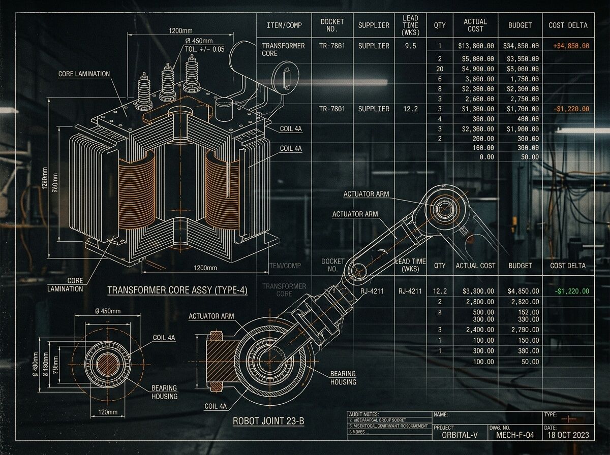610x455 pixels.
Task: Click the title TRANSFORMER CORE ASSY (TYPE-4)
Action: click(x=177, y=290)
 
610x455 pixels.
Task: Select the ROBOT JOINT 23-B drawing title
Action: click(x=268, y=421)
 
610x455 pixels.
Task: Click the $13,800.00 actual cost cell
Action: click(x=476, y=46)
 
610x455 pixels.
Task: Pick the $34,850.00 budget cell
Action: click(x=521, y=46)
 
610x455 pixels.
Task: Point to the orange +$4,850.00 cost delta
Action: click(x=571, y=46)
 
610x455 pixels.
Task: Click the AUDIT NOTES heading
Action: click(x=364, y=414)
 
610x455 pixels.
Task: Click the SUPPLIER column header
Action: click(x=374, y=25)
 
